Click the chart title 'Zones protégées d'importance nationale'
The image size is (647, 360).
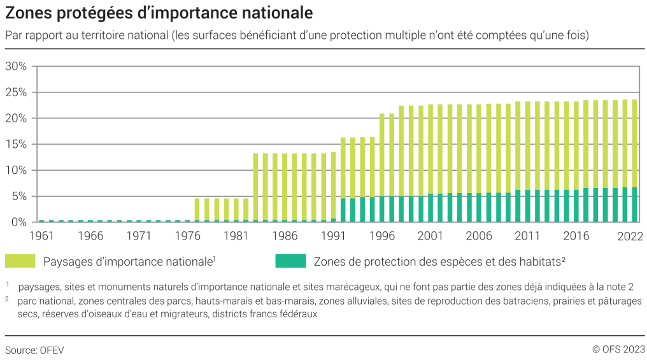tap(159, 12)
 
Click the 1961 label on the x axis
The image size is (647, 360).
tap(41, 236)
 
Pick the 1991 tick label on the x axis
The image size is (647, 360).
tap(333, 236)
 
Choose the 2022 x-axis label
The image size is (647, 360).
tap(630, 236)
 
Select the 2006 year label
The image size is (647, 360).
tap(479, 236)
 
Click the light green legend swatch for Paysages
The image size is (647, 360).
tap(20, 261)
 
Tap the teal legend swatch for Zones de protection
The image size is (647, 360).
tap(290, 261)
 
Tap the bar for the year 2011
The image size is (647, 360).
tap(518, 162)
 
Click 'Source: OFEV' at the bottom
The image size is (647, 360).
tap(34, 350)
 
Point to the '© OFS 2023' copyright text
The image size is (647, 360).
tap(618, 349)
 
